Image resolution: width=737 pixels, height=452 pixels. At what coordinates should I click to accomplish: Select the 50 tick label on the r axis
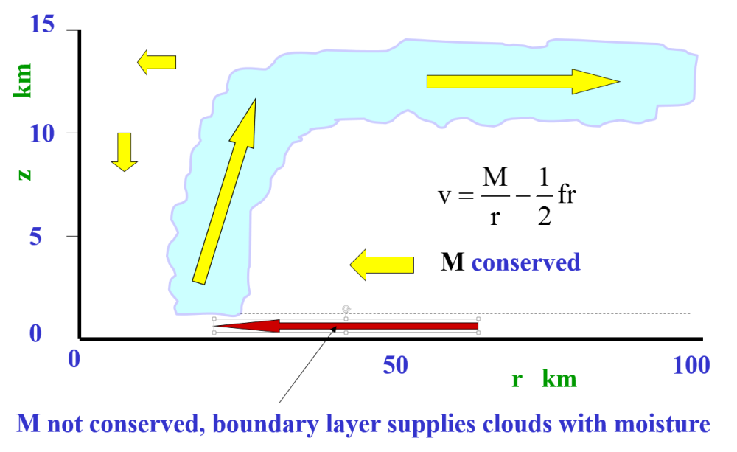pyautogui.click(x=396, y=364)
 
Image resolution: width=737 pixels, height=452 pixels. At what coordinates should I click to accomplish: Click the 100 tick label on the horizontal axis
pyautogui.click(x=691, y=364)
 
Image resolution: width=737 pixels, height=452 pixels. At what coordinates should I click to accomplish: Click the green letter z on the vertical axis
pyautogui.click(x=24, y=174)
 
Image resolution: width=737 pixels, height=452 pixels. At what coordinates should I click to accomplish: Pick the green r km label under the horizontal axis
pyautogui.click(x=544, y=380)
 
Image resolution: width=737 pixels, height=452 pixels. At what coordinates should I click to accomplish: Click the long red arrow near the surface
pyautogui.click(x=346, y=326)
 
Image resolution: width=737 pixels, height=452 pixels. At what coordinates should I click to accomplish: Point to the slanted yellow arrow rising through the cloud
pyautogui.click(x=224, y=192)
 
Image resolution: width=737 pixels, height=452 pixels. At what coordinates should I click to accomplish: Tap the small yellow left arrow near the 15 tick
pyautogui.click(x=157, y=62)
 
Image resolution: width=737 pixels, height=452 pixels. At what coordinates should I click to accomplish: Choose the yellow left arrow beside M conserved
pyautogui.click(x=381, y=265)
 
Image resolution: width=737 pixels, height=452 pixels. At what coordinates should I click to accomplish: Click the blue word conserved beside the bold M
pyautogui.click(x=525, y=262)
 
